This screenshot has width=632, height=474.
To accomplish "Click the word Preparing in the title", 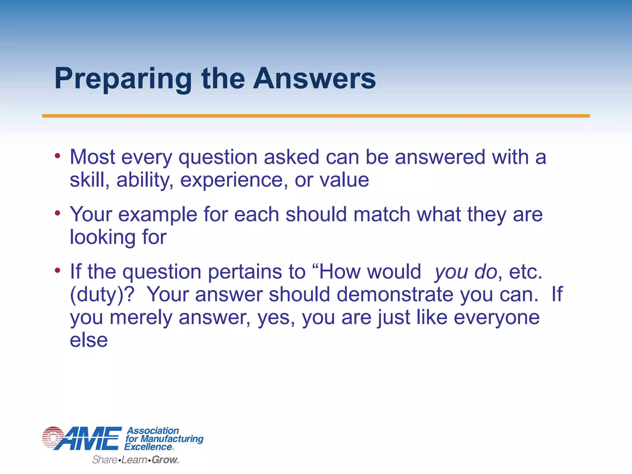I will pos(123,79).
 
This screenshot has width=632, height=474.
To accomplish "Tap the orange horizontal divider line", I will pos(316,116).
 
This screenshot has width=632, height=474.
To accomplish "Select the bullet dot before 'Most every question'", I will pos(57,156).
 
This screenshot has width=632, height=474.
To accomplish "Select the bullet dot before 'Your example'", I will pos(57,213).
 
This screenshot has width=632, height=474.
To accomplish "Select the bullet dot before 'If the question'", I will pos(57,270).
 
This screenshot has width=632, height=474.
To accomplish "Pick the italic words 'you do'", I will pos(466,272).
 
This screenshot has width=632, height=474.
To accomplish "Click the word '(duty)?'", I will pos(102,295).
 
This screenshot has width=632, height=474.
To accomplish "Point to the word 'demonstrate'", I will pos(395,294).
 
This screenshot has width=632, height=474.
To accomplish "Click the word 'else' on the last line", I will pos(89,340).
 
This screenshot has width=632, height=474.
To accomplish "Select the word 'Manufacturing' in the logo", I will pos(172,439).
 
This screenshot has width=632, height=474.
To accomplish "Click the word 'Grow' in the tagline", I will pos(164,460).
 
